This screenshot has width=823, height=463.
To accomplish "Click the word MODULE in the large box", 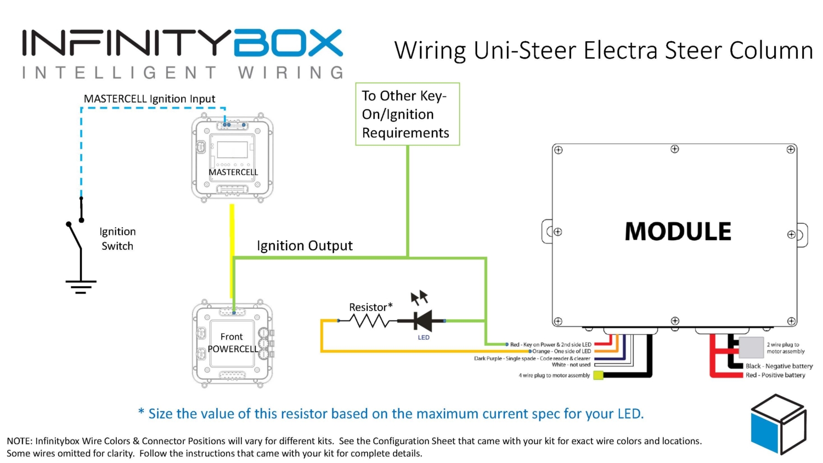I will (678, 231).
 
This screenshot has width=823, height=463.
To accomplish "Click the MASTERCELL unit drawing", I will (233, 157).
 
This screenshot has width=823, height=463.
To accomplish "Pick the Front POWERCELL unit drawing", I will (233, 343).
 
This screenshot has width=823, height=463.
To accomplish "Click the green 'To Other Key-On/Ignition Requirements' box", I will (407, 114).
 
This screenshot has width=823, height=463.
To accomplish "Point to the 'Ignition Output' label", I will (305, 246).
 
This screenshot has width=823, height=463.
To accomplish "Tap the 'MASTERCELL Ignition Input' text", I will (149, 99).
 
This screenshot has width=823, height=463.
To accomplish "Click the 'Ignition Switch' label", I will (117, 239).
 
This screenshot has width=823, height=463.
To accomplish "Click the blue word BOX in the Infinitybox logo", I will (288, 43).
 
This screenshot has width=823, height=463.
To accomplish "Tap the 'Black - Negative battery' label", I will (779, 366).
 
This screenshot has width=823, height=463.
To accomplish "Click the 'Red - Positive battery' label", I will (775, 375).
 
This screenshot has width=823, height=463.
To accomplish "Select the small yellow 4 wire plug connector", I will (598, 376).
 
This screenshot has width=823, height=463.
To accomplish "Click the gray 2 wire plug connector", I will (751, 347).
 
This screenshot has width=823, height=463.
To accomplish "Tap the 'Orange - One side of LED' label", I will (561, 351).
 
